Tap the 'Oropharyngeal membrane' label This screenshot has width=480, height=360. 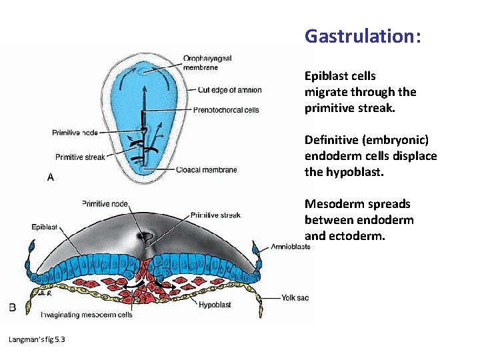[209, 62]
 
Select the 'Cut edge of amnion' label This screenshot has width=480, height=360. [230, 90]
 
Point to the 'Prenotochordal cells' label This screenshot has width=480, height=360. [226, 110]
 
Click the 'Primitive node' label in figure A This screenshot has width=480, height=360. [75, 132]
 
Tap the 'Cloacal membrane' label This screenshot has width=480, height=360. [207, 170]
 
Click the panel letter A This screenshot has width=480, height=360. [50, 177]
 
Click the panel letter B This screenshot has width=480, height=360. [11, 307]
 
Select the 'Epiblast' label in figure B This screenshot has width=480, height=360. [45, 226]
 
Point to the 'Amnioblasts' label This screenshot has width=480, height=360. [290, 247]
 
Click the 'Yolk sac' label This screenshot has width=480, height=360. [295, 298]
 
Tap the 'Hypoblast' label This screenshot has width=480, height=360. [215, 305]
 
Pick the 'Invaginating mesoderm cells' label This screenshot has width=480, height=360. [86, 314]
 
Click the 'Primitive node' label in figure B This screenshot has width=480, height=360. [105, 203]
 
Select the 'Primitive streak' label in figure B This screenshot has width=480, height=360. [215, 215]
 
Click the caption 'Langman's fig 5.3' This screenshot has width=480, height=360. [36, 340]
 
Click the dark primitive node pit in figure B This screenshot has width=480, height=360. [145, 236]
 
